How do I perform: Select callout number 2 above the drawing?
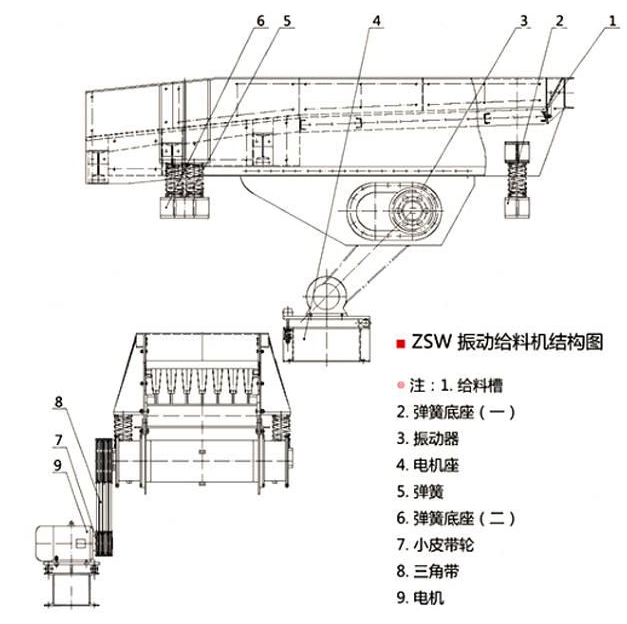point(560,20)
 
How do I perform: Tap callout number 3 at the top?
point(522,20)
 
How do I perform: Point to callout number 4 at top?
point(376,20)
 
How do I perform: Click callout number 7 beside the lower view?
point(59,440)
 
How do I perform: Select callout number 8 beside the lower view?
point(59,402)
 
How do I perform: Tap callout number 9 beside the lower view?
point(59,464)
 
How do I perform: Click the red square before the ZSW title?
point(401,343)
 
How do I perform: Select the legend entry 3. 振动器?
point(428,438)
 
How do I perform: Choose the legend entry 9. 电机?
point(421,598)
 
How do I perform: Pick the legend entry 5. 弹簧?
point(421,492)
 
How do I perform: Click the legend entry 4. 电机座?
point(428,465)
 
